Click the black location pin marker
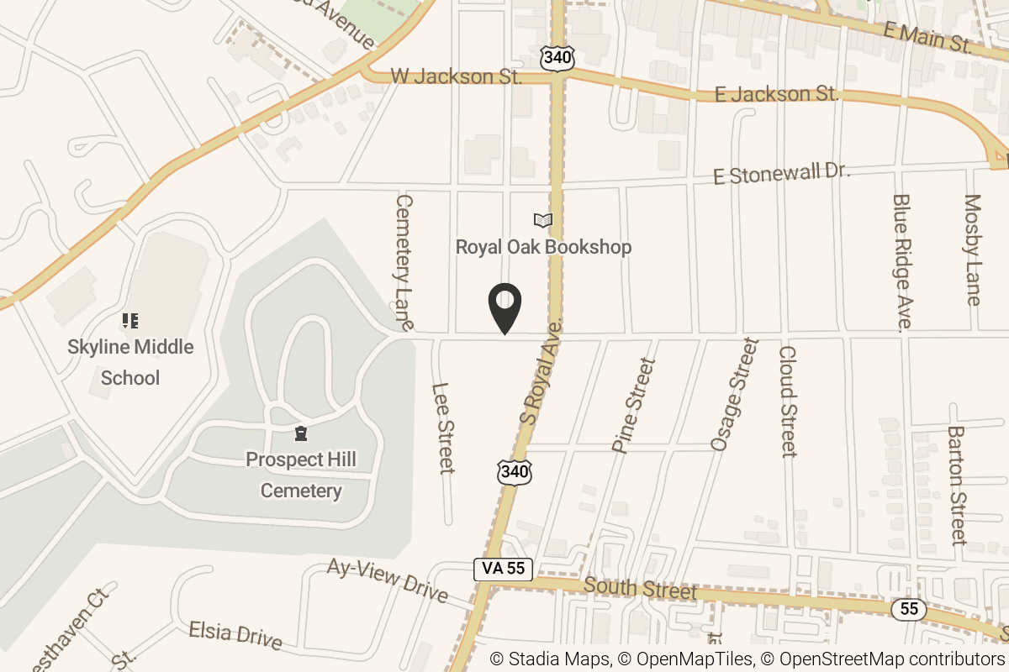tap(504, 308)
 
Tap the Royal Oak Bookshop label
tap(543, 247)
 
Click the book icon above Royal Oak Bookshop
tap(543, 221)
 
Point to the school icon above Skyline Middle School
tap(129, 320)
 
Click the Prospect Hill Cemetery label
tap(301, 475)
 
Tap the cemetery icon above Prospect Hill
tap(300, 433)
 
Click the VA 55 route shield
tap(503, 569)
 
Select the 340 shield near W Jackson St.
tap(557, 58)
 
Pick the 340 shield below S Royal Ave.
tap(514, 473)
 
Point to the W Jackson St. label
tap(457, 77)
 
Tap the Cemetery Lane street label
tap(405, 262)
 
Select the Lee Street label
tap(442, 428)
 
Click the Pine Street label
tap(633, 406)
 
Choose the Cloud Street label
tap(787, 402)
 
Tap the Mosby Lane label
tap(972, 249)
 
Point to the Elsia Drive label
tap(235, 634)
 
